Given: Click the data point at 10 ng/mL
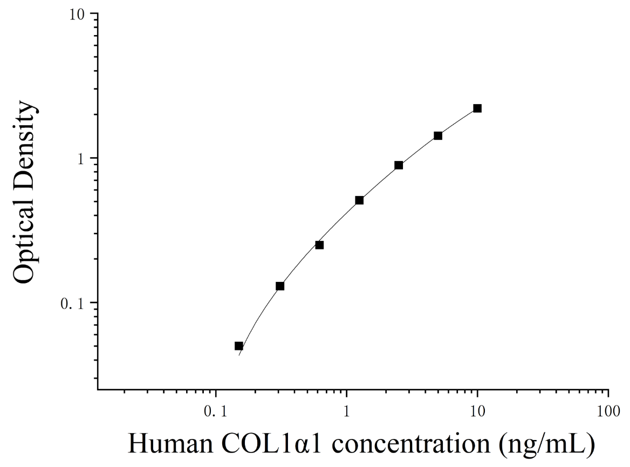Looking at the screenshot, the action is pyautogui.click(x=477, y=108).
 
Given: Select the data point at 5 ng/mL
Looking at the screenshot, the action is pyautogui.click(x=438, y=136).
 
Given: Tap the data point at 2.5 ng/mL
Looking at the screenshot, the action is pyautogui.click(x=399, y=165).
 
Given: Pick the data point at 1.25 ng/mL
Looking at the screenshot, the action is pyautogui.click(x=359, y=200).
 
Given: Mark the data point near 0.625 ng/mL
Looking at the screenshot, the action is pyautogui.click(x=319, y=245).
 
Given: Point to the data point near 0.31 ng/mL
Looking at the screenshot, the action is pyautogui.click(x=280, y=286).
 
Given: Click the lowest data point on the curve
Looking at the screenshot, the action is pyautogui.click(x=238, y=346).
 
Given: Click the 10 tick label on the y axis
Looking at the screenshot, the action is pyautogui.click(x=77, y=15).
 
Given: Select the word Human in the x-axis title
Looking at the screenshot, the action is pyautogui.click(x=171, y=444).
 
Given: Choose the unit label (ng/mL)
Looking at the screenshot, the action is pyautogui.click(x=547, y=445).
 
